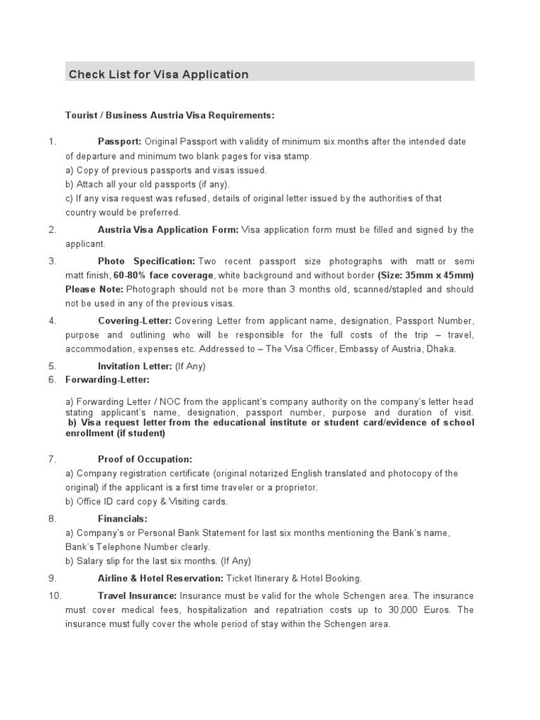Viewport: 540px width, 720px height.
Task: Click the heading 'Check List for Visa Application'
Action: point(158,74)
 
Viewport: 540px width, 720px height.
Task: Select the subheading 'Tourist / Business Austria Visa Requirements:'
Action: point(169,115)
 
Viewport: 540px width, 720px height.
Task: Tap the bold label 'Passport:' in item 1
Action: point(120,142)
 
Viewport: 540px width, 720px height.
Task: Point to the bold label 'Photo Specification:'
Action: point(146,261)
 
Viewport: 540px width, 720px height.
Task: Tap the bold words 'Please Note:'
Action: point(94,289)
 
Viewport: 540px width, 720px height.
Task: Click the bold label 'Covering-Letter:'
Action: point(134,321)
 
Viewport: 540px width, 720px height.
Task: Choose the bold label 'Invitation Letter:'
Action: point(134,366)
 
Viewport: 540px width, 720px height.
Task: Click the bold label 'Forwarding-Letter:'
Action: point(108,380)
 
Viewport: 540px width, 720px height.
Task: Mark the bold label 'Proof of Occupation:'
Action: point(145,459)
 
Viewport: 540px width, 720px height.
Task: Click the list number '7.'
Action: point(52,459)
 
